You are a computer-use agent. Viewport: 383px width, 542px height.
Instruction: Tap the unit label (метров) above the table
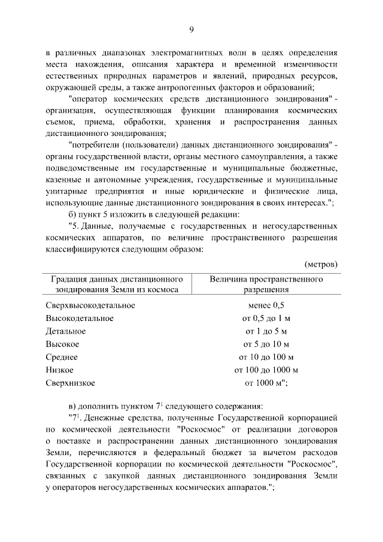pos(321,264)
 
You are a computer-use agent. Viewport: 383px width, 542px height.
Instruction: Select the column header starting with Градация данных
pos(116,284)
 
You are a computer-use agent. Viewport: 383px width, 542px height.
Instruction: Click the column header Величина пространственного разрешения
pos(266,284)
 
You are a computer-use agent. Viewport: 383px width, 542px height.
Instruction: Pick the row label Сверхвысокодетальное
pos(90,305)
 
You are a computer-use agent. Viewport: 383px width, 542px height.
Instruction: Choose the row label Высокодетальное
pos(80,318)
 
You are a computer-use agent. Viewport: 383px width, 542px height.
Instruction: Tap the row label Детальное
pos(66,331)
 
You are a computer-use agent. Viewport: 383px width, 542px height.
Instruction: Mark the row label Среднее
pos(62,357)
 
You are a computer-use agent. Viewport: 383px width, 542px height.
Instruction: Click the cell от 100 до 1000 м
pos(266,370)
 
